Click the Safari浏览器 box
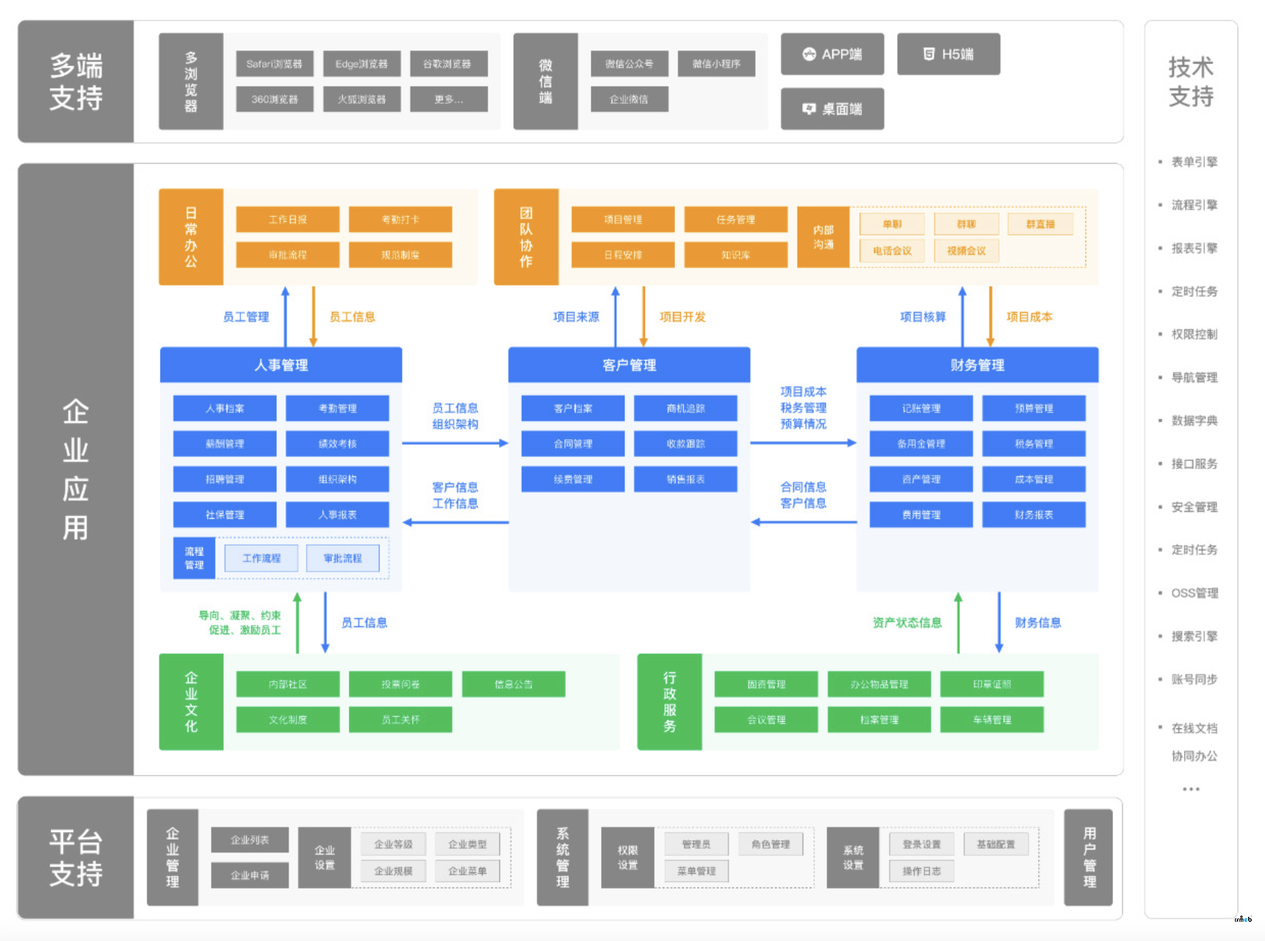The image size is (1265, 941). pyautogui.click(x=274, y=63)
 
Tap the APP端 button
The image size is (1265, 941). pyautogui.click(x=832, y=54)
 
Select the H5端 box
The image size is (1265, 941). pyautogui.click(x=947, y=54)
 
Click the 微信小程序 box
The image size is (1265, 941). pyautogui.click(x=716, y=63)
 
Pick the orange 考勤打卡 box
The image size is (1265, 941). pyautogui.click(x=400, y=219)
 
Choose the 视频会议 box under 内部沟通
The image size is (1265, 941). pyautogui.click(x=966, y=251)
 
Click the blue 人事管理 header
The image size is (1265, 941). pyautogui.click(x=281, y=364)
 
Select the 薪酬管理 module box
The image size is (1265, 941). pyautogui.click(x=225, y=444)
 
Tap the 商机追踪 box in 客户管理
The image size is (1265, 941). pyautogui.click(x=685, y=408)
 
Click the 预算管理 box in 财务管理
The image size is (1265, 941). pyautogui.click(x=1033, y=408)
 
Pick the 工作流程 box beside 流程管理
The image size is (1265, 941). pyautogui.click(x=261, y=558)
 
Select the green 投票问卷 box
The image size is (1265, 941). pyautogui.click(x=400, y=684)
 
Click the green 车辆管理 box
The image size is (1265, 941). pyautogui.click(x=991, y=720)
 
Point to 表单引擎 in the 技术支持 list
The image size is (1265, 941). pyautogui.click(x=1194, y=162)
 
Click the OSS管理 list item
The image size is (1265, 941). pyautogui.click(x=1194, y=593)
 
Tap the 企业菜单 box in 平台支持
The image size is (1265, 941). pyautogui.click(x=467, y=871)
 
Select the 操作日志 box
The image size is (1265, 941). pyautogui.click(x=921, y=871)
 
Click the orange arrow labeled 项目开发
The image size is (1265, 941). pyautogui.click(x=644, y=316)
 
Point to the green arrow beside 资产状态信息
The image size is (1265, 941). pyautogui.click(x=958, y=622)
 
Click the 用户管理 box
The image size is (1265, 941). pyautogui.click(x=1088, y=857)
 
